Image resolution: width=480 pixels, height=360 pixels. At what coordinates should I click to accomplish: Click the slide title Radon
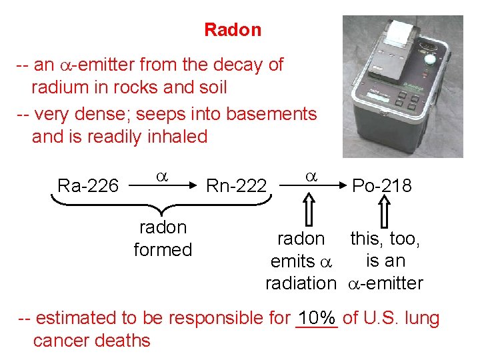click(233, 30)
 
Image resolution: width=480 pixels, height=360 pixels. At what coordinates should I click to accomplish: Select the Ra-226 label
click(88, 185)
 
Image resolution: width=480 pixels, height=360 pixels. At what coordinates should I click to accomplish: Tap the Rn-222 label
click(237, 185)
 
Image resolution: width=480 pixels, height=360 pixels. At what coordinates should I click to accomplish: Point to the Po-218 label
click(382, 185)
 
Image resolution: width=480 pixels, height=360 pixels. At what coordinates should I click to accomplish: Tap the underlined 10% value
click(317, 319)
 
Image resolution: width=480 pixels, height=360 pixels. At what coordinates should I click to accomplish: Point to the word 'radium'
click(58, 87)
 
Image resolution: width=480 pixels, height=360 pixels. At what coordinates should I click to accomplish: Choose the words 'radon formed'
click(163, 239)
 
